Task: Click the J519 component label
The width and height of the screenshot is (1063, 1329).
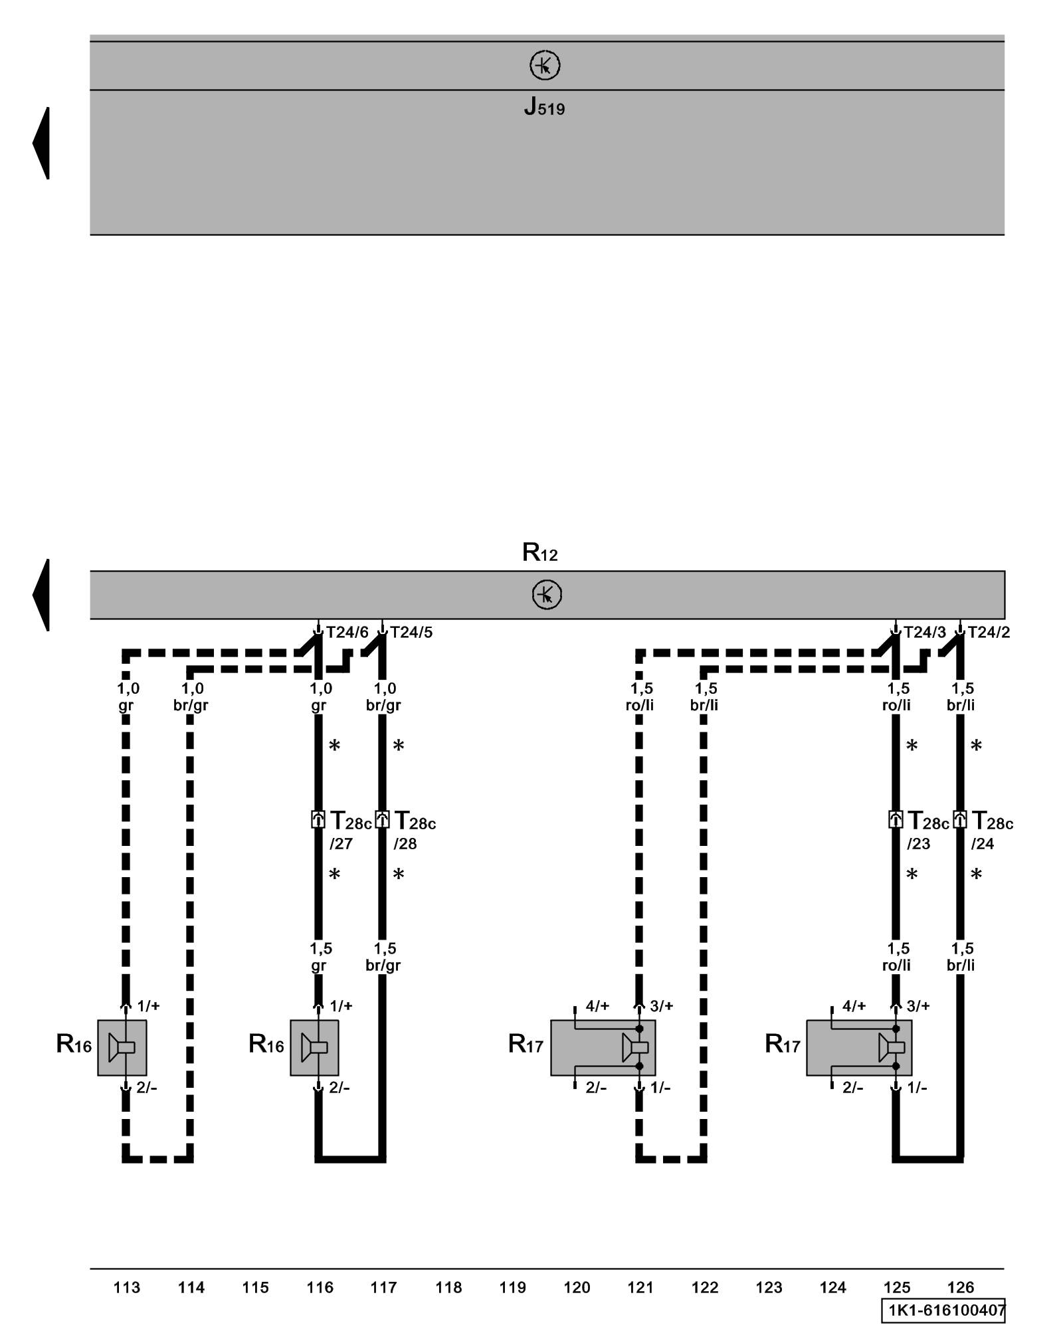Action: (x=544, y=106)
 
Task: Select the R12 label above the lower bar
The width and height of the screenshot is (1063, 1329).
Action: (x=539, y=552)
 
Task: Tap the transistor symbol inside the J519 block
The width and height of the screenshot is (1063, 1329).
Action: (x=545, y=65)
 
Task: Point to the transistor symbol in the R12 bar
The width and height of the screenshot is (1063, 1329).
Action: (x=547, y=594)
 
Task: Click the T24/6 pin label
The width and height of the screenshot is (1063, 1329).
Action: (x=347, y=632)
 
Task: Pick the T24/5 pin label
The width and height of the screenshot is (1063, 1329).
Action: (x=411, y=632)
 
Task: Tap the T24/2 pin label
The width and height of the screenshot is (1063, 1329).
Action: (x=989, y=632)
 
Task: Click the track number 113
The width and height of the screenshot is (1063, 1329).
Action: (x=127, y=1288)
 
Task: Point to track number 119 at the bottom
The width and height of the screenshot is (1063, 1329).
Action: (x=512, y=1288)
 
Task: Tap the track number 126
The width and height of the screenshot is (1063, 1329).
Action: (x=960, y=1288)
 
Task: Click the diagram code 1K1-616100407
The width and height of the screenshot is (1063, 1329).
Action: (x=943, y=1310)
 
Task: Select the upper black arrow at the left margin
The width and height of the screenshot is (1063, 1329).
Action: (x=41, y=143)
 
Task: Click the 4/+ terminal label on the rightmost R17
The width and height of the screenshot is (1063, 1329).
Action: (x=854, y=1005)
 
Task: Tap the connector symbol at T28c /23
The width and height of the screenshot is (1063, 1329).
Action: (x=896, y=819)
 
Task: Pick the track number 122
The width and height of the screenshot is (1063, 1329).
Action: (x=705, y=1288)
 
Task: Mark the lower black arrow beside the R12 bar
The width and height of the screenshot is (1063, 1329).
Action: (x=41, y=595)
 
